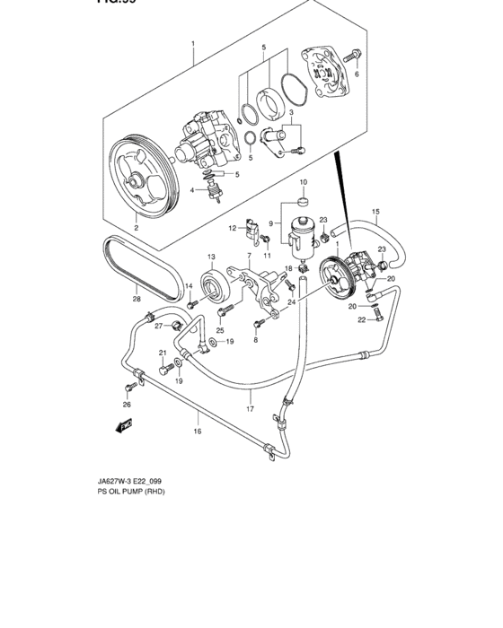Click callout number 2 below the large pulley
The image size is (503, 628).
point(137,229)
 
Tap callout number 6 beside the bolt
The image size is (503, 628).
point(357,75)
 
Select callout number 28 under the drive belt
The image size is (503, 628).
point(137,300)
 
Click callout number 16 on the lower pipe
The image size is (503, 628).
point(197,432)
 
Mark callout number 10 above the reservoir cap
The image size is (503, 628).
point(304,182)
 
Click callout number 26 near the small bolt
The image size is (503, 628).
point(126,405)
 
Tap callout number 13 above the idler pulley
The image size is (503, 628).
point(212,256)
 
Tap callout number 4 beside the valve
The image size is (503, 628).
point(192,189)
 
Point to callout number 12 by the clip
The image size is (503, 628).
point(231,228)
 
